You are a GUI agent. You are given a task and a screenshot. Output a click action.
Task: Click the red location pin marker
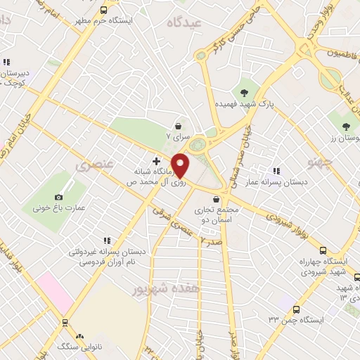click(181, 165)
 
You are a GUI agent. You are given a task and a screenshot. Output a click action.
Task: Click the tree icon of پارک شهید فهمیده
click(244, 93)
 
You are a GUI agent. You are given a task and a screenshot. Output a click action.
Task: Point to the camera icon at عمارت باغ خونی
click(58, 198)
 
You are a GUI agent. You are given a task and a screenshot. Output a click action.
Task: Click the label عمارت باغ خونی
click(58, 208)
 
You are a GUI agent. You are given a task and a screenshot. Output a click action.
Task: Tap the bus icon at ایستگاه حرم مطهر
click(103, 11)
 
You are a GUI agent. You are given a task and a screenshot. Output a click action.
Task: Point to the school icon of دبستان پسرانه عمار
click(276, 171)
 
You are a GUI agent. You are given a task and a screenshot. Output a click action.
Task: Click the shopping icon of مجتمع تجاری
click(225, 200)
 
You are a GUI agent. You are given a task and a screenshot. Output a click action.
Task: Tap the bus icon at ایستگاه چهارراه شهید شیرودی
click(323, 250)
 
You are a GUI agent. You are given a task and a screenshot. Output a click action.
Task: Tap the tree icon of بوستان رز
click(345, 127)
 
